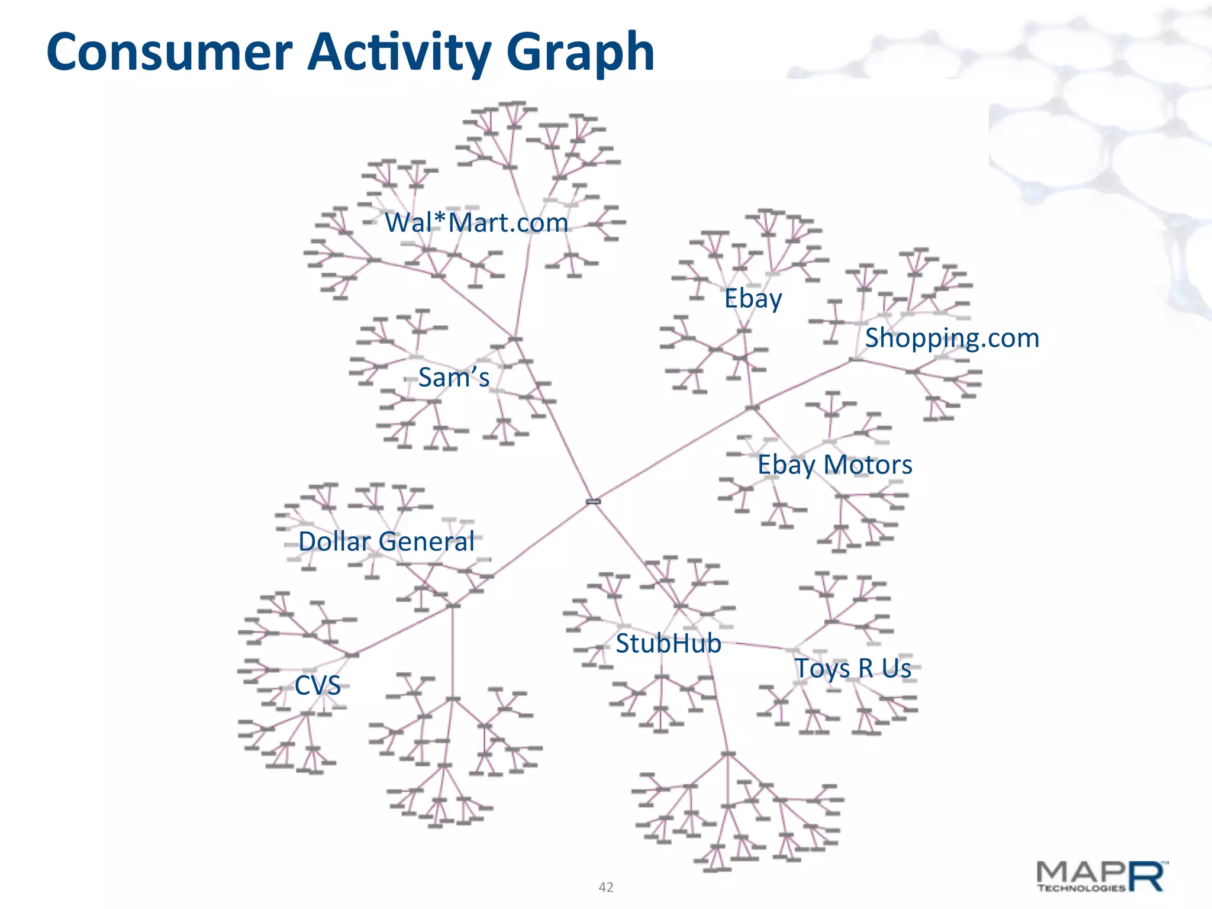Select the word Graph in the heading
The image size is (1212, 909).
coord(580,53)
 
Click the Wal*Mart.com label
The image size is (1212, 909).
coord(476,223)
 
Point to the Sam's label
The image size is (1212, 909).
coord(454,378)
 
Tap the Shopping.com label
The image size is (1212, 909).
coord(952,339)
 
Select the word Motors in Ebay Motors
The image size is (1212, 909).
coord(868,465)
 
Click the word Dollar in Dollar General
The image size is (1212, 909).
coord(334,541)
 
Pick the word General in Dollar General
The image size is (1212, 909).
coord(427,541)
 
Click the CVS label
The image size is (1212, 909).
coord(318,686)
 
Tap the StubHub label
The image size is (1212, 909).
coord(668,643)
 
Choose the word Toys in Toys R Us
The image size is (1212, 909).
coord(822,669)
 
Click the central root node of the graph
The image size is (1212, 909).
coord(593,501)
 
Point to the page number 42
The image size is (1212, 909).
coord(606,887)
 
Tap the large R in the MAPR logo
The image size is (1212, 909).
coord(1148,876)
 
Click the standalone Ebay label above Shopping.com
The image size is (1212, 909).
coord(753,299)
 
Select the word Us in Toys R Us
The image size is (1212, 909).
coord(897,669)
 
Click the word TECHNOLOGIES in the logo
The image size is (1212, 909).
coord(1081,888)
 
